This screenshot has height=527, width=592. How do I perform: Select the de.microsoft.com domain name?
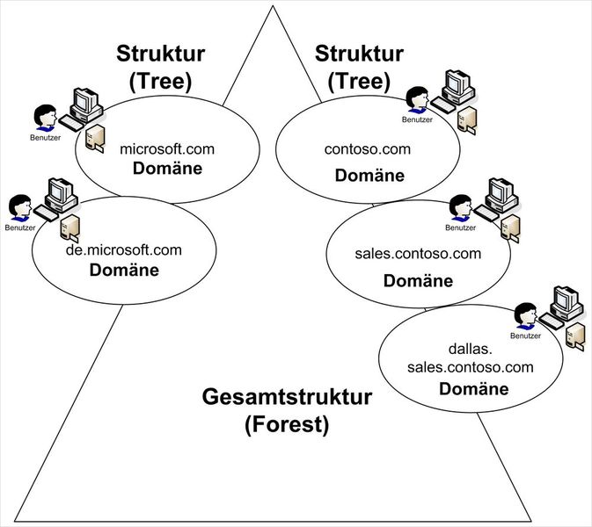pos(124,250)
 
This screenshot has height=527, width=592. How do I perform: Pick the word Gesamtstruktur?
pos(287,398)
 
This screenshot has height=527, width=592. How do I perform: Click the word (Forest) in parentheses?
pos(287,426)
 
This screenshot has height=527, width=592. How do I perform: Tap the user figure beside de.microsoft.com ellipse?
pos(18,208)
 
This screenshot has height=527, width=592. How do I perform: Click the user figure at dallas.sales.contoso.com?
pos(525,315)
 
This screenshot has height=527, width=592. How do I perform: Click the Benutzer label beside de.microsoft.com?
pos(19,228)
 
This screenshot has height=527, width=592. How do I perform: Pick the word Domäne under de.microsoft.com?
pos(124,270)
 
